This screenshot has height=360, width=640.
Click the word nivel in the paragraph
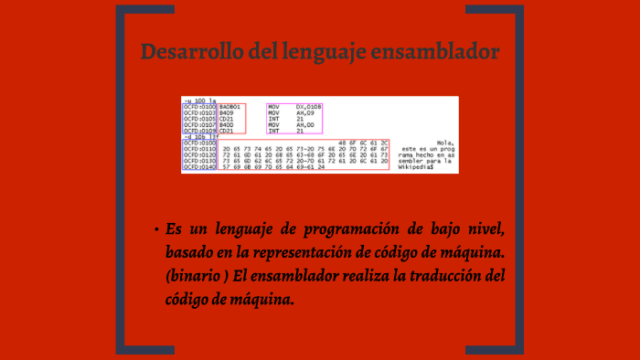point(483,228)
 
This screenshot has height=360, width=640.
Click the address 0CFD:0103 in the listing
point(198,112)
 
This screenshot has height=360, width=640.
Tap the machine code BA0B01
point(229,107)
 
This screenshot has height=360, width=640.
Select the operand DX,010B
point(309,107)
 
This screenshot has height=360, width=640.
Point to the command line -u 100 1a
point(199,101)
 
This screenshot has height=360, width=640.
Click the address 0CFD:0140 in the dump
point(198,168)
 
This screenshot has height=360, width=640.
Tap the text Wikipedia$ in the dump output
point(416,168)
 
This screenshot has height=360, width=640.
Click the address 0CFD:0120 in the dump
point(198,155)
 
